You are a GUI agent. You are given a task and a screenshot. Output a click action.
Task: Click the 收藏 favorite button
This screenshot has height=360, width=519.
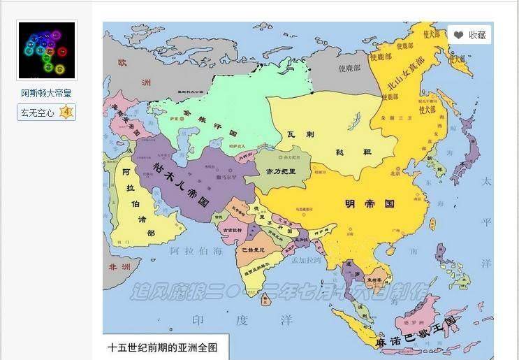click(469, 35)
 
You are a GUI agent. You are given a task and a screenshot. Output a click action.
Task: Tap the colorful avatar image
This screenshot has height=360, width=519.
click(47, 50)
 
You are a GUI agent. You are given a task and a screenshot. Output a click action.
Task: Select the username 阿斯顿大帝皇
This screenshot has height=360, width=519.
click(46, 93)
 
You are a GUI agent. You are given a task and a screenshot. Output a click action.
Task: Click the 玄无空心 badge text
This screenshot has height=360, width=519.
click(38, 113)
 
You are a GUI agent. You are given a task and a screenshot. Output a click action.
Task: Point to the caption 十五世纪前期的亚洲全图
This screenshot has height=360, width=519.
click(163, 347)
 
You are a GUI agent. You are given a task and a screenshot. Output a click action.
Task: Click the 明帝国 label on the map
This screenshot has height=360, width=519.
click(370, 204)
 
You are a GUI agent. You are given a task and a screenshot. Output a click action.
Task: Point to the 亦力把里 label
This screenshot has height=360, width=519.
click(277, 171)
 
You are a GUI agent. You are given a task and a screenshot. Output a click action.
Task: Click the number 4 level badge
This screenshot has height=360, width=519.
click(66, 113)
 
